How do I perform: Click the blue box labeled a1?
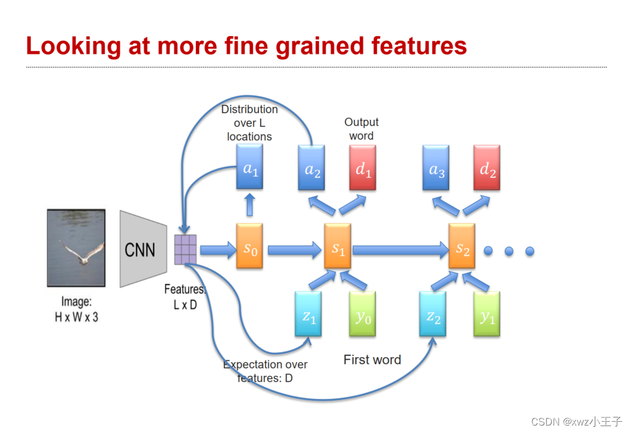click(250, 167)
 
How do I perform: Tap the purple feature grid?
click(185, 250)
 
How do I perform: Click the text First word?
click(372, 360)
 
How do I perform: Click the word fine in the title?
click(263, 46)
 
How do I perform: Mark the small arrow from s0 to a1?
click(250, 203)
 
